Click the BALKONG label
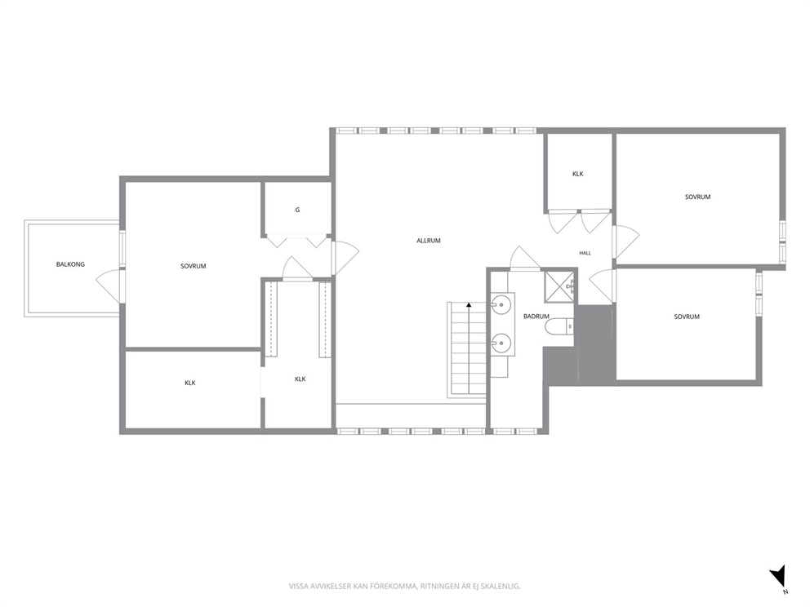click(x=70, y=264)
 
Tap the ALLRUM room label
click(x=428, y=241)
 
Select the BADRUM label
click(x=536, y=317)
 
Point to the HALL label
click(x=585, y=253)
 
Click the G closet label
click(x=297, y=210)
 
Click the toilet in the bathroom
click(x=559, y=326)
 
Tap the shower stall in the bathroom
click(x=559, y=287)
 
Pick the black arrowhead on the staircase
click(x=469, y=305)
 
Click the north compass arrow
click(x=778, y=576)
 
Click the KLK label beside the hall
click(x=577, y=174)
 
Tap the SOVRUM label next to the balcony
click(x=194, y=266)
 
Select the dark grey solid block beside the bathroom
click(x=580, y=345)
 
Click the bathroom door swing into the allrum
click(x=525, y=258)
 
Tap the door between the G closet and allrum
click(x=345, y=258)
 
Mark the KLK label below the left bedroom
click(x=190, y=383)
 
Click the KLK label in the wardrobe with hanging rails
click(x=300, y=379)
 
